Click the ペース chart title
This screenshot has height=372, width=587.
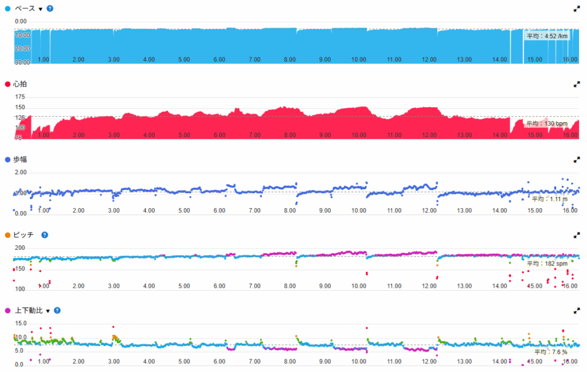click(x=25, y=9)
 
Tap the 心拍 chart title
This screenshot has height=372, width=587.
click(x=20, y=84)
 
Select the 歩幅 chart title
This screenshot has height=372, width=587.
click(x=20, y=160)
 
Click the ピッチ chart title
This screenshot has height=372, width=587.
click(x=24, y=235)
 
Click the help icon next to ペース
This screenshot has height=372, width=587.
click(x=50, y=9)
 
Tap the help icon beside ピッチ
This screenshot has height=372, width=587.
click(x=45, y=235)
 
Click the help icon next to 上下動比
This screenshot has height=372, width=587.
click(x=57, y=311)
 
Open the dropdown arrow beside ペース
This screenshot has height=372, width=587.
click(x=41, y=9)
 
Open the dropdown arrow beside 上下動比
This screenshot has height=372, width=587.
click(x=48, y=311)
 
